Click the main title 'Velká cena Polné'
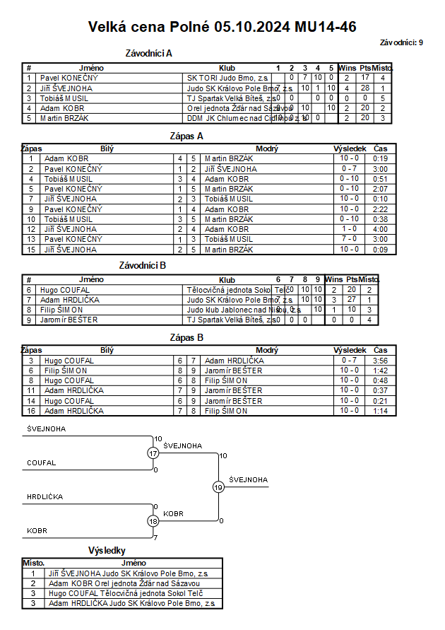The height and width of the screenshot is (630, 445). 149,27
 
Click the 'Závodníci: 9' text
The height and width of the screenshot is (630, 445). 400,43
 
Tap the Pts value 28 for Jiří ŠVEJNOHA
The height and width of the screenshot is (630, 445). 365,88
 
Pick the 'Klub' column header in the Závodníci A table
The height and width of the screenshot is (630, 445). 227,68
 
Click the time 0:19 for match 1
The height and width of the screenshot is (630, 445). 381,159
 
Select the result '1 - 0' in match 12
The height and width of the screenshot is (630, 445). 349,229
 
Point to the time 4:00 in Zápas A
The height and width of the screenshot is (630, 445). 381,229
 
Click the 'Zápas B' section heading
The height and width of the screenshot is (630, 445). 187,337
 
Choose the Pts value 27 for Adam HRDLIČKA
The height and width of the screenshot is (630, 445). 352,300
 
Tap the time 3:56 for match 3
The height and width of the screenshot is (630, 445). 381,361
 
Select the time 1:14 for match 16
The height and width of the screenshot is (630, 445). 381,411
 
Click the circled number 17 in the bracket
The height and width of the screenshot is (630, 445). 154,453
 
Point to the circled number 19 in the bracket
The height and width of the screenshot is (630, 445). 218,486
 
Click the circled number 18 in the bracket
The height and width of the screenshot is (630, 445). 154,521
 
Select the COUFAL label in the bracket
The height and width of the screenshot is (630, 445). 42,463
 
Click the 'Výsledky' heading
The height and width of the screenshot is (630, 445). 107,549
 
